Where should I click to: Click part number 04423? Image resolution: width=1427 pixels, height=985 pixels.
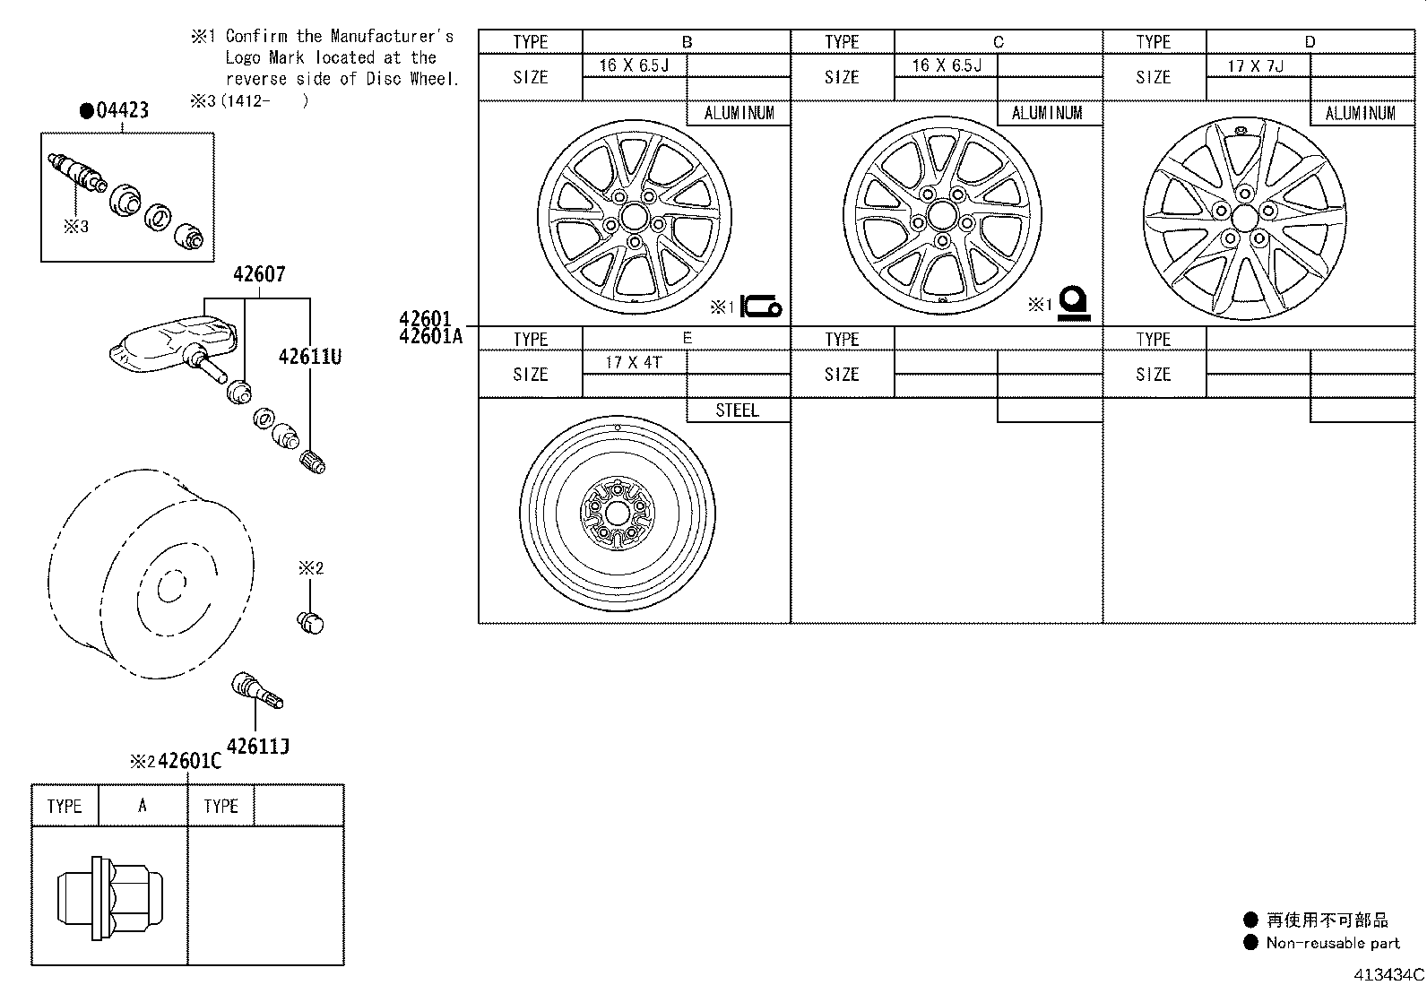pyautogui.click(x=121, y=111)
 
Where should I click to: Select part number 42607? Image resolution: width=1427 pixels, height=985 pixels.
pyautogui.click(x=258, y=274)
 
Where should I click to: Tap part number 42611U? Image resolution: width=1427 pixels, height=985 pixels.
pyautogui.click(x=309, y=357)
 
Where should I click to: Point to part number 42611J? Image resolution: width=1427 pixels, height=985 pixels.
pyautogui.click(x=257, y=747)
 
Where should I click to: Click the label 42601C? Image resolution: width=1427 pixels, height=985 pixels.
pyautogui.click(x=189, y=762)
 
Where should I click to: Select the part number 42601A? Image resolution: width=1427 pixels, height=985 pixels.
pyautogui.click(x=431, y=336)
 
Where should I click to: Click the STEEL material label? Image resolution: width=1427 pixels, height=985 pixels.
pyautogui.click(x=737, y=410)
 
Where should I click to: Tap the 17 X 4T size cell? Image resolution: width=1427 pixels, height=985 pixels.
pyautogui.click(x=633, y=362)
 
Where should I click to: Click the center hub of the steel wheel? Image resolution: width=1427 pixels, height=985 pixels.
pyautogui.click(x=618, y=514)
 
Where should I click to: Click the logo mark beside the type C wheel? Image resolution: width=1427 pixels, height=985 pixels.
pyautogui.click(x=1072, y=304)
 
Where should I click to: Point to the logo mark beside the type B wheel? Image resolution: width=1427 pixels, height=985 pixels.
pyautogui.click(x=761, y=307)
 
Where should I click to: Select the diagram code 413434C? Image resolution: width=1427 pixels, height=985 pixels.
pyautogui.click(x=1388, y=974)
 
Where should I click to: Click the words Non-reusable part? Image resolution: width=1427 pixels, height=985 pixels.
pyautogui.click(x=1332, y=943)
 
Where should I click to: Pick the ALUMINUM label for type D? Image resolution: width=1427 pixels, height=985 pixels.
pyautogui.click(x=1360, y=113)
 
